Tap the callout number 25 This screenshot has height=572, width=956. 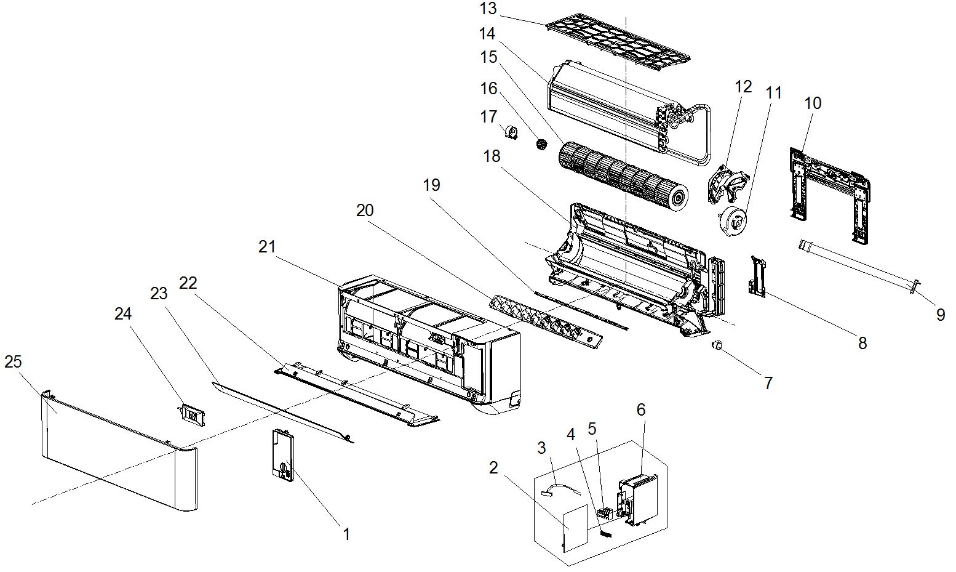(13, 362)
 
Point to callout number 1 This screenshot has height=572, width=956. (346, 534)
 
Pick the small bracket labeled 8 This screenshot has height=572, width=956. (756, 276)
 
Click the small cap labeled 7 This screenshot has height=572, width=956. (717, 347)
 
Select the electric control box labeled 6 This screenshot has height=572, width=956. (640, 499)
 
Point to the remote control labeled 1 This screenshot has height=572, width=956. (282, 453)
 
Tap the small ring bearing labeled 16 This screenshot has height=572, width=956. (541, 145)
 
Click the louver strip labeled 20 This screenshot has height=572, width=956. (545, 320)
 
